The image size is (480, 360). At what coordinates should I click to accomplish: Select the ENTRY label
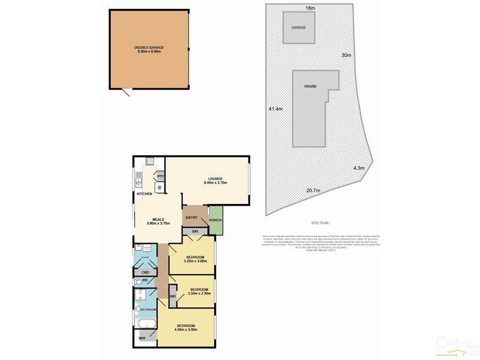192,218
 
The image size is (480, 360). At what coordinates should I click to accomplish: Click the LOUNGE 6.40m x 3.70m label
215,181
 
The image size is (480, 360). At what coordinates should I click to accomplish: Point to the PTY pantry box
160,176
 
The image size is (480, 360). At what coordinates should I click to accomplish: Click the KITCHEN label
144,194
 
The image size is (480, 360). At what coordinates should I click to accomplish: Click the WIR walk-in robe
142,339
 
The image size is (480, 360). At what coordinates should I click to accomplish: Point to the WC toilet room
145,281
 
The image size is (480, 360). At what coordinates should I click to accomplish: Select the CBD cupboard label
145,271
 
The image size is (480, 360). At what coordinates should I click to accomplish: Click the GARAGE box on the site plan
298,28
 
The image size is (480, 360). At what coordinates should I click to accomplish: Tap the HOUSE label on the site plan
310,86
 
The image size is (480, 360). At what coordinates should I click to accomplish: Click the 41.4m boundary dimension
275,109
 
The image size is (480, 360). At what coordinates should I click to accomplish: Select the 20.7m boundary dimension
313,191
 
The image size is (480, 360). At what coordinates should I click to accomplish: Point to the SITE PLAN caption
320,221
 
